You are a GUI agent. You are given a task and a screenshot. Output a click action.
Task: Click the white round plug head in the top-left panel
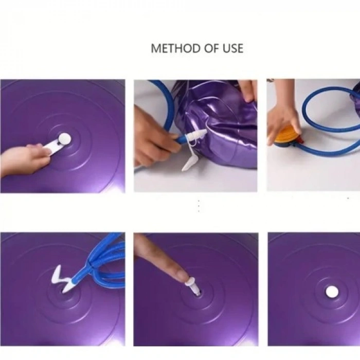point(64,138)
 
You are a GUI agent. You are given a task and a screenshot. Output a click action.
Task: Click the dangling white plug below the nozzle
point(190,163)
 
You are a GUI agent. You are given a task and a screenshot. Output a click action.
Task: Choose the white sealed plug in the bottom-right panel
point(332,292)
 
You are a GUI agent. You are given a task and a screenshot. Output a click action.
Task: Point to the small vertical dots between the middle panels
point(199,206)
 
